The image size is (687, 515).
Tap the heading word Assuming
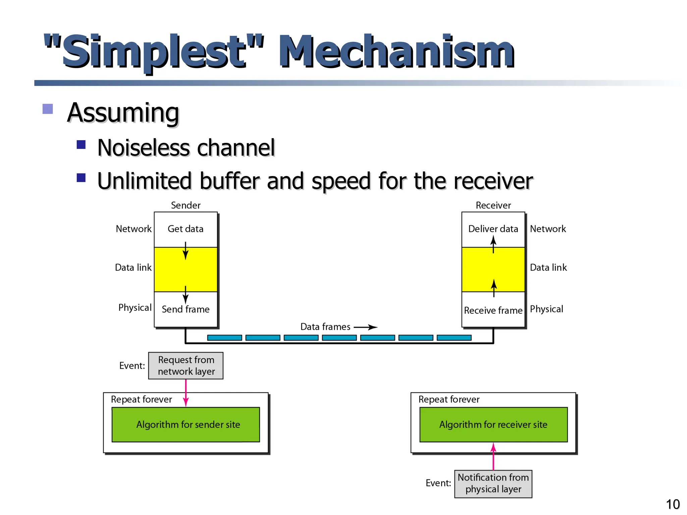(x=123, y=113)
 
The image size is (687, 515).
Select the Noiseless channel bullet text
(x=186, y=148)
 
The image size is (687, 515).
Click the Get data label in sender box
(x=186, y=229)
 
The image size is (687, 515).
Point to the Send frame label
(x=186, y=309)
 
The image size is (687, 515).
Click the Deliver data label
(x=493, y=229)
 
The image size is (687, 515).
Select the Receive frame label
(x=493, y=310)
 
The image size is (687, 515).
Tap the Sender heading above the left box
(x=186, y=205)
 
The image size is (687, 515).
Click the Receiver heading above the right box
(x=493, y=205)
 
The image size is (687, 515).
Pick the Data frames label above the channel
(x=325, y=327)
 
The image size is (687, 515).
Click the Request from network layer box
(x=186, y=365)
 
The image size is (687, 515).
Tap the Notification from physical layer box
(x=493, y=483)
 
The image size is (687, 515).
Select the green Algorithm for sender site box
(x=186, y=424)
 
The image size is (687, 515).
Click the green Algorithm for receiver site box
(x=493, y=424)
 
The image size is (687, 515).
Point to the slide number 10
(x=673, y=504)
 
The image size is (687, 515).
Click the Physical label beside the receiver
(x=546, y=309)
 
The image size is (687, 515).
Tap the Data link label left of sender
(x=133, y=268)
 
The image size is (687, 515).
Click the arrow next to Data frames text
(x=366, y=327)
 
